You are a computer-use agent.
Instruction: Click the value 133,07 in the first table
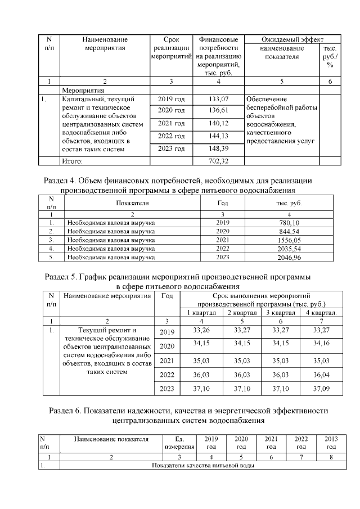click(219, 100)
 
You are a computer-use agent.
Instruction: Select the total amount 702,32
click(219, 161)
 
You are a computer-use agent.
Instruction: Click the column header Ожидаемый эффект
click(292, 40)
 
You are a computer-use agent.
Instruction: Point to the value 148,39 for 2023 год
click(219, 148)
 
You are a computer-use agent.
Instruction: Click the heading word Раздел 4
click(58, 181)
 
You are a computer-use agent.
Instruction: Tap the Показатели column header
click(132, 202)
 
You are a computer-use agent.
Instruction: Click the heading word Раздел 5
click(59, 277)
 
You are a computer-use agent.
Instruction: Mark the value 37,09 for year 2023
click(321, 388)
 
